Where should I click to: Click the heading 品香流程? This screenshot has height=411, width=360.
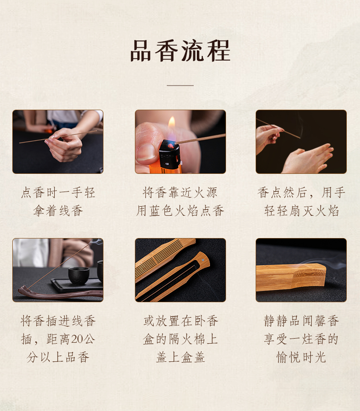pos(180,51)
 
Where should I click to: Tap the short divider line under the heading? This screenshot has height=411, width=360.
pos(180,85)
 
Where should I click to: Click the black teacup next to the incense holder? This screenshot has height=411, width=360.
pos(78,275)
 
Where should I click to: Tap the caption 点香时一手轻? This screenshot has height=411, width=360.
pos(58,193)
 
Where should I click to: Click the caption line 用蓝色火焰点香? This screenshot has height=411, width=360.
pos(180,211)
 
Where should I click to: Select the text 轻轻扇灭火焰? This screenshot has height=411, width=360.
pos(301,211)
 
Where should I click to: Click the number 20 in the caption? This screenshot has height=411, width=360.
pos(77,339)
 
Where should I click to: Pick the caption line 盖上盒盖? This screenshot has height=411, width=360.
pos(180,357)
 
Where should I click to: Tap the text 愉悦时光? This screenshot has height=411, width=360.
pos(301,357)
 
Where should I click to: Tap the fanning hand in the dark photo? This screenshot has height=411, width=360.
pos(308,159)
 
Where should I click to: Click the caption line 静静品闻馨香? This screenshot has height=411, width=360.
pos(301,321)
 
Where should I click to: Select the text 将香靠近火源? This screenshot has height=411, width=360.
pos(180,193)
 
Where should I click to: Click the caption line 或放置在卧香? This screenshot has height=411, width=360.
pos(180,321)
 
